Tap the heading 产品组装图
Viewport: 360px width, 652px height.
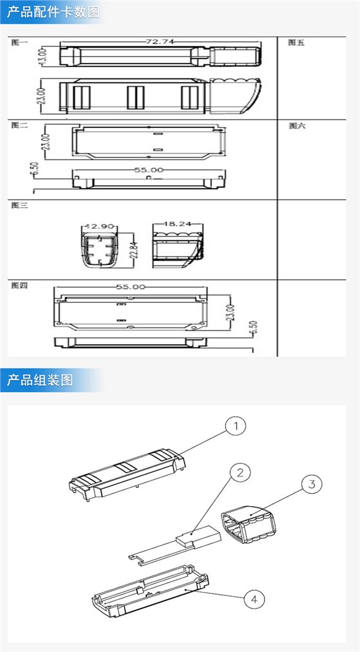tap(40, 380)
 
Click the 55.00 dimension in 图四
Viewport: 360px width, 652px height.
tap(130, 287)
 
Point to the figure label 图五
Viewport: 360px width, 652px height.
tap(296, 42)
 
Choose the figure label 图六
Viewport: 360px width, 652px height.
tap(297, 126)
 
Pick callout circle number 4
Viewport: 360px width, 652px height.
tap(255, 599)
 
